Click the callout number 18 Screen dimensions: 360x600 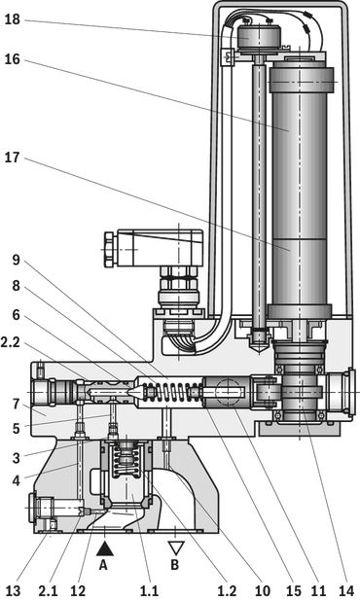click(x=12, y=19)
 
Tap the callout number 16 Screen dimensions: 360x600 click(x=12, y=59)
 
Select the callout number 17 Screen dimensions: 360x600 click(x=12, y=158)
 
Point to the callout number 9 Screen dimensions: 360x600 click(x=16, y=261)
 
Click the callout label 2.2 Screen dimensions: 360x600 click(x=11, y=341)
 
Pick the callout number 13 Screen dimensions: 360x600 click(x=13, y=590)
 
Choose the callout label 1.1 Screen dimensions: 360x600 click(x=149, y=590)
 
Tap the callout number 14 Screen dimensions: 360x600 click(x=346, y=590)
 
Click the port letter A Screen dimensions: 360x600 click(x=103, y=565)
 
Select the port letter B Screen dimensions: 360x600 click(x=174, y=565)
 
